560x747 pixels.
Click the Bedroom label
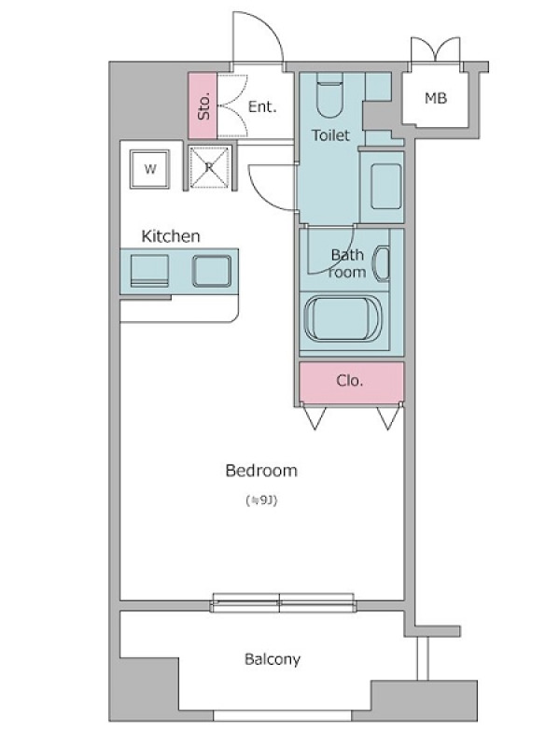click(261, 471)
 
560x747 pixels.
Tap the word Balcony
click(273, 659)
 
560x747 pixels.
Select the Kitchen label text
click(171, 236)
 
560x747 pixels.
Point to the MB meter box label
click(436, 99)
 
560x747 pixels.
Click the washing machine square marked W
click(150, 169)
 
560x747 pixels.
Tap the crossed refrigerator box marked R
click(209, 167)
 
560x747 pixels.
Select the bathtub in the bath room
click(343, 318)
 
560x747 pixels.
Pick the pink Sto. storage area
click(203, 106)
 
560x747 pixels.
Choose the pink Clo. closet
click(352, 381)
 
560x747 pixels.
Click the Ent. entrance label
click(262, 106)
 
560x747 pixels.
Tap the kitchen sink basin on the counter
click(212, 271)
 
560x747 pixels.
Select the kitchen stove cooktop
click(149, 271)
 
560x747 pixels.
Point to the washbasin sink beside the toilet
click(386, 186)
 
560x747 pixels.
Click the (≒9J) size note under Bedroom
click(261, 500)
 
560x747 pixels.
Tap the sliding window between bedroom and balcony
click(283, 602)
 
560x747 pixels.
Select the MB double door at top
click(436, 49)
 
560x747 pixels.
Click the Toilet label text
click(330, 135)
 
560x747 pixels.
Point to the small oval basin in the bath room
click(382, 263)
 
